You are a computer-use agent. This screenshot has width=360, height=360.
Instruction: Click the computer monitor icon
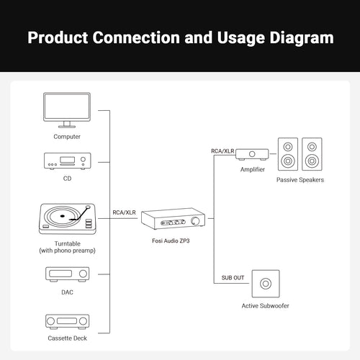point(67,110)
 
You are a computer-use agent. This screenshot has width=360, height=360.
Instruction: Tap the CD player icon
point(68,161)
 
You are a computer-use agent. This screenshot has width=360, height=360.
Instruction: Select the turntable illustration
point(68,219)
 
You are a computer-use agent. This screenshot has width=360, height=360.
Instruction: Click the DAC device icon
point(68,274)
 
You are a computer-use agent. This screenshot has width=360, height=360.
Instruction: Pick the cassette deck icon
point(68,322)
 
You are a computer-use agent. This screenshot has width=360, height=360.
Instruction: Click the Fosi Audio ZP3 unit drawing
point(173,219)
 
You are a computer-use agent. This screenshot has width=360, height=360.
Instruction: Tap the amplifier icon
point(252,154)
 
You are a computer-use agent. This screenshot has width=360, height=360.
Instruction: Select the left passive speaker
point(288,154)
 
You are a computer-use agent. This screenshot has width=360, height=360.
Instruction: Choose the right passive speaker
point(312,154)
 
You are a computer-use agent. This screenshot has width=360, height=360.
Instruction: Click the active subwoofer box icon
point(266,284)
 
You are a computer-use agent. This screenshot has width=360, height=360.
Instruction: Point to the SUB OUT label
point(233,278)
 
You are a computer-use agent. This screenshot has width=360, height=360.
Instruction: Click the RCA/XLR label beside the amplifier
point(222,151)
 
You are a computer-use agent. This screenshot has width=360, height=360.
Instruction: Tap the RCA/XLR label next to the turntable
point(124,212)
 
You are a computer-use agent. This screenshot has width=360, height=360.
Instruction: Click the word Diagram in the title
point(302,37)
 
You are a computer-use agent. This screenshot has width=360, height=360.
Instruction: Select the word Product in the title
point(58,37)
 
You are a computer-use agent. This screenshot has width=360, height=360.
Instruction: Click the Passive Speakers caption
point(300,180)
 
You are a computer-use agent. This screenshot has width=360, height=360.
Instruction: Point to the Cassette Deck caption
point(68,338)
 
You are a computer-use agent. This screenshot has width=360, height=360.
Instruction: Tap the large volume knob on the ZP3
point(196,221)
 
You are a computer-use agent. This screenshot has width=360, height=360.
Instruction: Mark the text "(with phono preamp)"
point(68,251)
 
